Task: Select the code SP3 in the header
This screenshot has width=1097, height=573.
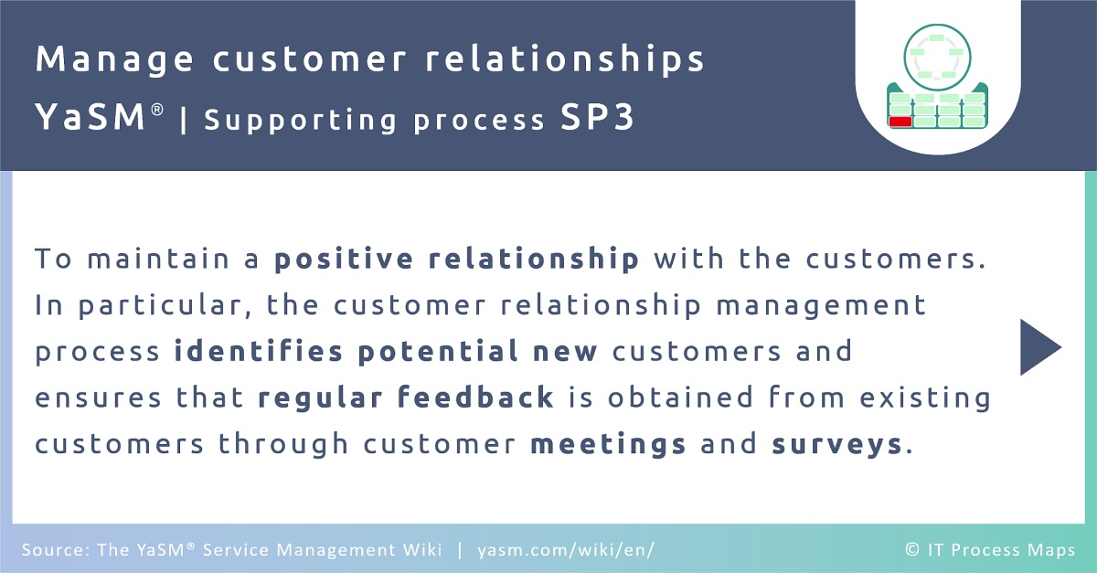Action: point(597,117)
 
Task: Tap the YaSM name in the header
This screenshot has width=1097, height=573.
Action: point(91,117)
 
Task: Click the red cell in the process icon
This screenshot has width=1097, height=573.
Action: point(900,122)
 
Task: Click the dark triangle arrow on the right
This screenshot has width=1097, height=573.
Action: point(1040,347)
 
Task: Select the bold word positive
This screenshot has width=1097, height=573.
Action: point(344,259)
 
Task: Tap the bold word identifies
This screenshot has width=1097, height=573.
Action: point(259,351)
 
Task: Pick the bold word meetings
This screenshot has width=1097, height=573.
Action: point(608,444)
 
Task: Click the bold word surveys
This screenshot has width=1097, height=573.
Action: point(837,445)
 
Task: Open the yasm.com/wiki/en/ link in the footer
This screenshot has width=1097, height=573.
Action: point(566,550)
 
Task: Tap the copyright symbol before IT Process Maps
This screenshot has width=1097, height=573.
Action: point(912,549)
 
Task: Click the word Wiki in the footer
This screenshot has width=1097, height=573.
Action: point(422,549)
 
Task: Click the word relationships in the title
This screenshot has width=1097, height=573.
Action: point(564,59)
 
